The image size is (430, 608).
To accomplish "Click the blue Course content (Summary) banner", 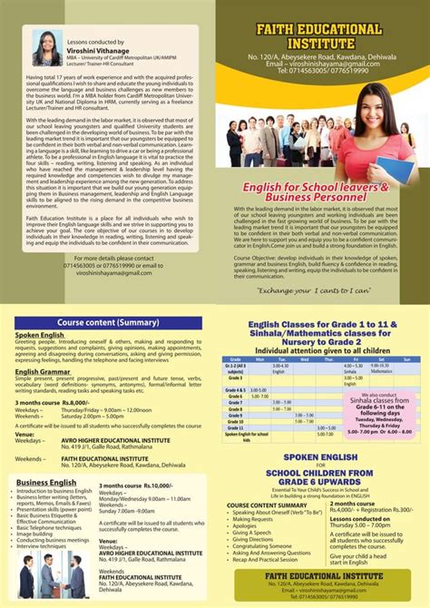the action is (x=109, y=322).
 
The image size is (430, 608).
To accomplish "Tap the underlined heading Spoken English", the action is (x=39, y=335).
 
